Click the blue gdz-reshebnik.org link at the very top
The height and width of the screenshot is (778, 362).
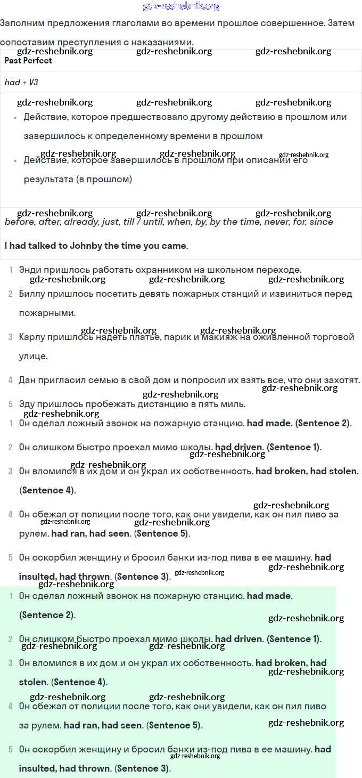pos(181,6)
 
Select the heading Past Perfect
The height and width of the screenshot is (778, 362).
pos(28,61)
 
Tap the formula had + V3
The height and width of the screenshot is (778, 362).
pos(21,83)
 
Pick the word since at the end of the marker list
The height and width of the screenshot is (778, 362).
pos(321,222)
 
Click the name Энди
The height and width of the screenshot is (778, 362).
pos(30,270)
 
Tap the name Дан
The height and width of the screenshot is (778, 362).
pos(28,380)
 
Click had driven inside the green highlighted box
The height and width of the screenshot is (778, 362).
pos(238,639)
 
